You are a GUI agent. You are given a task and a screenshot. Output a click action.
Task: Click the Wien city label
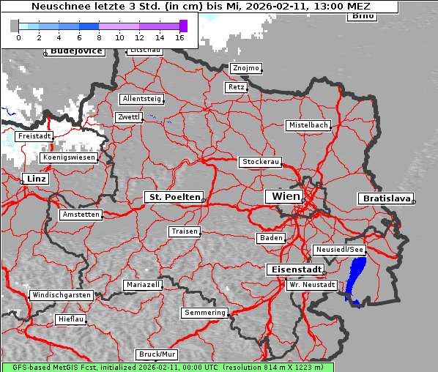286,196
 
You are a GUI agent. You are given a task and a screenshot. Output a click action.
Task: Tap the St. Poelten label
174,197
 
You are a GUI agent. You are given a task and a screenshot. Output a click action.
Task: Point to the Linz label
34,179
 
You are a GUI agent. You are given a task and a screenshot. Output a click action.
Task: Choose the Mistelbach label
308,125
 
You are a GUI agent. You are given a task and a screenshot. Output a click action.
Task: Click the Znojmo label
245,68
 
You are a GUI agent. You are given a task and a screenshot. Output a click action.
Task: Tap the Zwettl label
128,117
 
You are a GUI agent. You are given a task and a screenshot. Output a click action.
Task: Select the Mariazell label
143,284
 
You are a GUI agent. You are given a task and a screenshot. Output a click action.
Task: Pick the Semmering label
205,313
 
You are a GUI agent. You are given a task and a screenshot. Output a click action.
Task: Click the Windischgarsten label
62,295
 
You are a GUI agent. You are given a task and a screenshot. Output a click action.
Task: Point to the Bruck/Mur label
157,354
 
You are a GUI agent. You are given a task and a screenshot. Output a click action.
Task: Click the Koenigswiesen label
69,157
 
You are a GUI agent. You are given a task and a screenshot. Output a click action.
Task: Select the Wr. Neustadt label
312,284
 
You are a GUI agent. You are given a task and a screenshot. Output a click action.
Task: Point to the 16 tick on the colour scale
180,37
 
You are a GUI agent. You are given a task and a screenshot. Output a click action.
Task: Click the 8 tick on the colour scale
99,37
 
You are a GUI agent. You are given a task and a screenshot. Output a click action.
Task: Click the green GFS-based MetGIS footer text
167,367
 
